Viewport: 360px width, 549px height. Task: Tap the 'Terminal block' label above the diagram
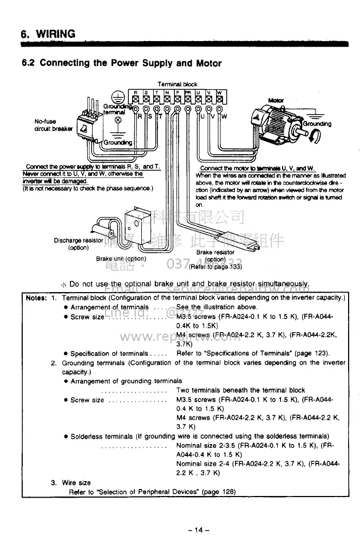pos(178,84)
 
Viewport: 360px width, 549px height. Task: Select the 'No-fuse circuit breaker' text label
pos(48,125)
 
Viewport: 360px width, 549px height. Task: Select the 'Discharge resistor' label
pos(78,241)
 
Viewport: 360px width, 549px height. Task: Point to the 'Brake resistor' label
pos(215,252)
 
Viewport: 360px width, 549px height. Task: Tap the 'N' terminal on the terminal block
pos(167,94)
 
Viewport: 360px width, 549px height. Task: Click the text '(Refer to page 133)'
pos(215,266)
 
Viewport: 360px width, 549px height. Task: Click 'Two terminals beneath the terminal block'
pos(240,390)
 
